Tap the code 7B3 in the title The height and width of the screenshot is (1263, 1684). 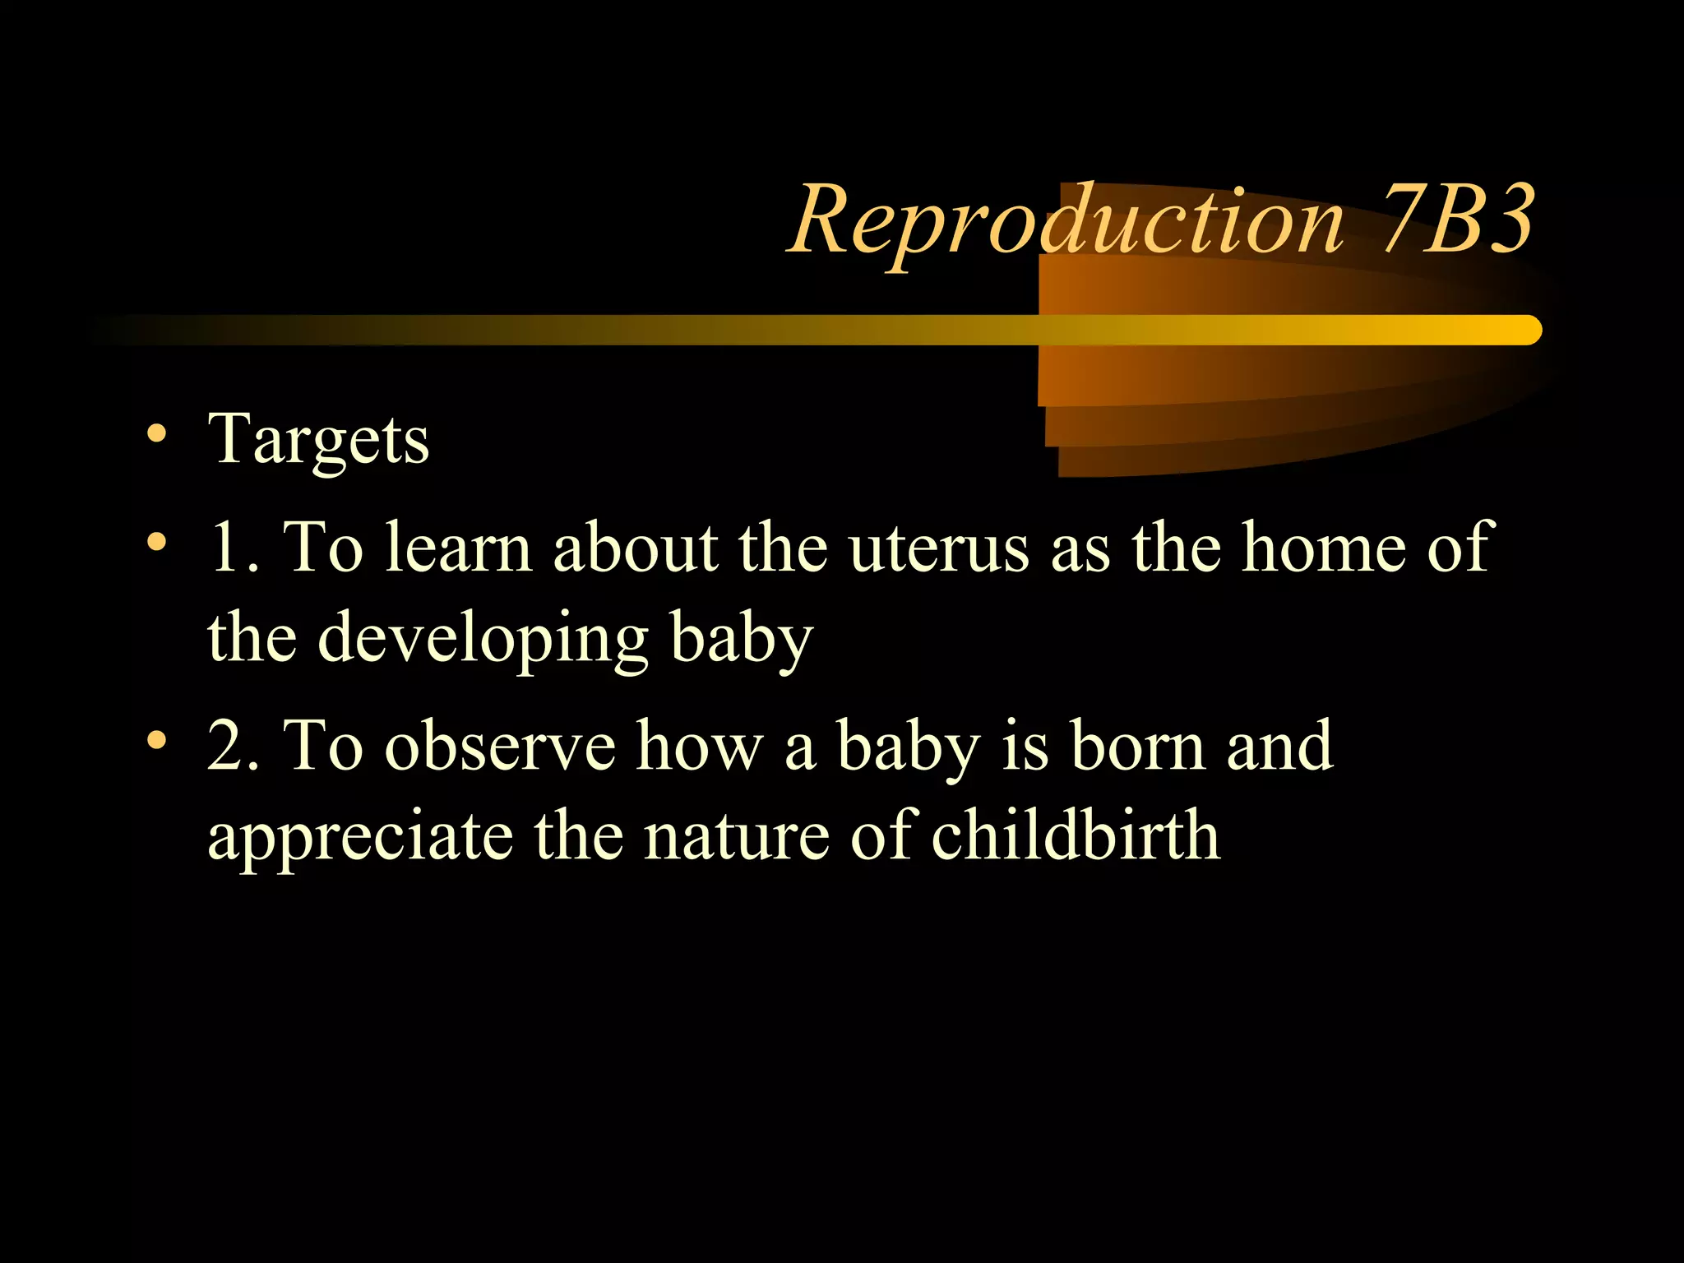pos(1457,219)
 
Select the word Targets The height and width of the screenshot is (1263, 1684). pos(318,440)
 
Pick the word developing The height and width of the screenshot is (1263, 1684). pos(483,640)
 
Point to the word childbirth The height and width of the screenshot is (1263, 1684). pos(1076,835)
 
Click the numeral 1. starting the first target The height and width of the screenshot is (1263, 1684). pos(233,547)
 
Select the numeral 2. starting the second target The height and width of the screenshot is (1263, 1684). pos(233,746)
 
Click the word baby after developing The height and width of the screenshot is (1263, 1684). pos(741,640)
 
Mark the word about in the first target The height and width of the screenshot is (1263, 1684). pos(634,547)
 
